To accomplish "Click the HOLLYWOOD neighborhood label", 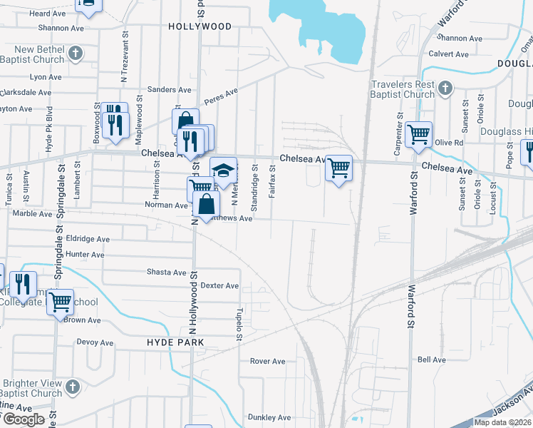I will pos(200,26).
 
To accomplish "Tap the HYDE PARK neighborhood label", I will pos(175,342).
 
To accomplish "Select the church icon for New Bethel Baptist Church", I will pos(76,52).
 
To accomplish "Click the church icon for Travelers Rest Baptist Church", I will pos(445,88).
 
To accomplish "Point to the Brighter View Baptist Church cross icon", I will pos(72,387).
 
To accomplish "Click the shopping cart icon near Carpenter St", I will pos(418,134).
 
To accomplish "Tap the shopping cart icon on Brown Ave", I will pos(61,302).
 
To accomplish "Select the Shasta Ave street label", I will pos(167,272).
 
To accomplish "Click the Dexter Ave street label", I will pos(219,285).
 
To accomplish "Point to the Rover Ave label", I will pos(267,361).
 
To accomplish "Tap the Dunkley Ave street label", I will pos(269,417).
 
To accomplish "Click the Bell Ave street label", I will pos(431,360).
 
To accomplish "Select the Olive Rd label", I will pos(449,143).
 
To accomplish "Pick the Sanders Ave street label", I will pos(169,90).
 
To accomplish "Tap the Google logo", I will pos(24,419).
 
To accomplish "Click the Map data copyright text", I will pos(502,422).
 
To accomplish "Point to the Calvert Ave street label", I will pos(448,54).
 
